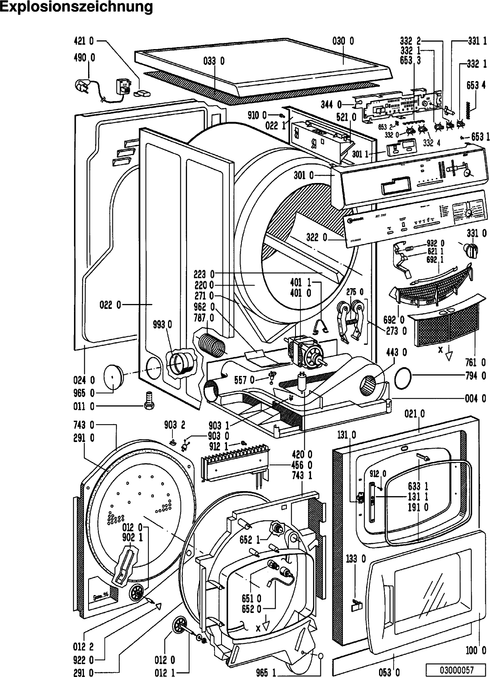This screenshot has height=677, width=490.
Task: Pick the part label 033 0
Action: (x=214, y=61)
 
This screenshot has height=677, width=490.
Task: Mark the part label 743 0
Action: (x=85, y=425)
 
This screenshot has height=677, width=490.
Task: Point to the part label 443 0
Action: (x=396, y=353)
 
